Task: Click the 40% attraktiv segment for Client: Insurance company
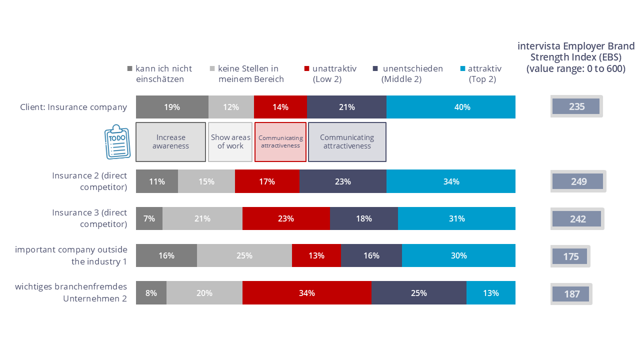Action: click(451, 107)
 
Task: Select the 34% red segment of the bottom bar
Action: click(307, 293)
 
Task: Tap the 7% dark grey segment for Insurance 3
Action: click(149, 218)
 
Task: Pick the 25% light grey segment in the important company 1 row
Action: click(244, 255)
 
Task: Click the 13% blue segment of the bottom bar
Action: click(491, 293)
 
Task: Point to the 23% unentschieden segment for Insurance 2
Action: click(343, 181)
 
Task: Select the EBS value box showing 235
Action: click(576, 106)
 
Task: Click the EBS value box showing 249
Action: click(578, 181)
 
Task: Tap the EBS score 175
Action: click(570, 256)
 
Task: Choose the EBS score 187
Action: click(571, 294)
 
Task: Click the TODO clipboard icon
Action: click(116, 142)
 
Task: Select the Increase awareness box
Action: click(171, 142)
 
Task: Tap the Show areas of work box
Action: click(230, 142)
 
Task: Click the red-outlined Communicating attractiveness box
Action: click(280, 142)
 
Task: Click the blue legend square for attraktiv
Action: click(462, 69)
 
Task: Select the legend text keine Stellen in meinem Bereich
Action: click(250, 74)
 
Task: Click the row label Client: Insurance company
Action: click(73, 107)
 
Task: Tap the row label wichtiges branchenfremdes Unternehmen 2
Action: click(71, 293)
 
